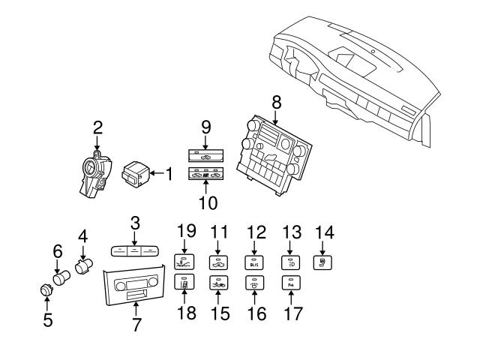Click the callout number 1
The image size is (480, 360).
169,175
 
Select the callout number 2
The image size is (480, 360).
97,127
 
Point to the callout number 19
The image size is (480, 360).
186,230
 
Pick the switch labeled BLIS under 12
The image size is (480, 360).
254,262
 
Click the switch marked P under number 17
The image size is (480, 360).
289,283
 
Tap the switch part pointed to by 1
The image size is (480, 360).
137,174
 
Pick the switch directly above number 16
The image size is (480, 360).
254,283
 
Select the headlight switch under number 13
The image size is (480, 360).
289,262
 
